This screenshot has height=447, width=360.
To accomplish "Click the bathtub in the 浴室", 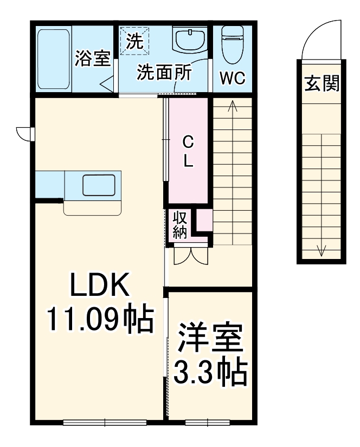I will click(x=54, y=59).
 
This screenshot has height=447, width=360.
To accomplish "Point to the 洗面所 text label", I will click(x=163, y=73).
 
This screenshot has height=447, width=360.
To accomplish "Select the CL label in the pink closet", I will click(x=188, y=151).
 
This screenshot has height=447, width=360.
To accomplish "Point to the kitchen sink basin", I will click(x=99, y=185).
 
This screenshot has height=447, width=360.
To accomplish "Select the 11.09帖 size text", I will click(x=99, y=320).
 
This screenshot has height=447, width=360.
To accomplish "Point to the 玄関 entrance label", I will click(x=322, y=84).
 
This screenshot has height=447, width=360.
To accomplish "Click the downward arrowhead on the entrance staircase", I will click(x=322, y=251).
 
